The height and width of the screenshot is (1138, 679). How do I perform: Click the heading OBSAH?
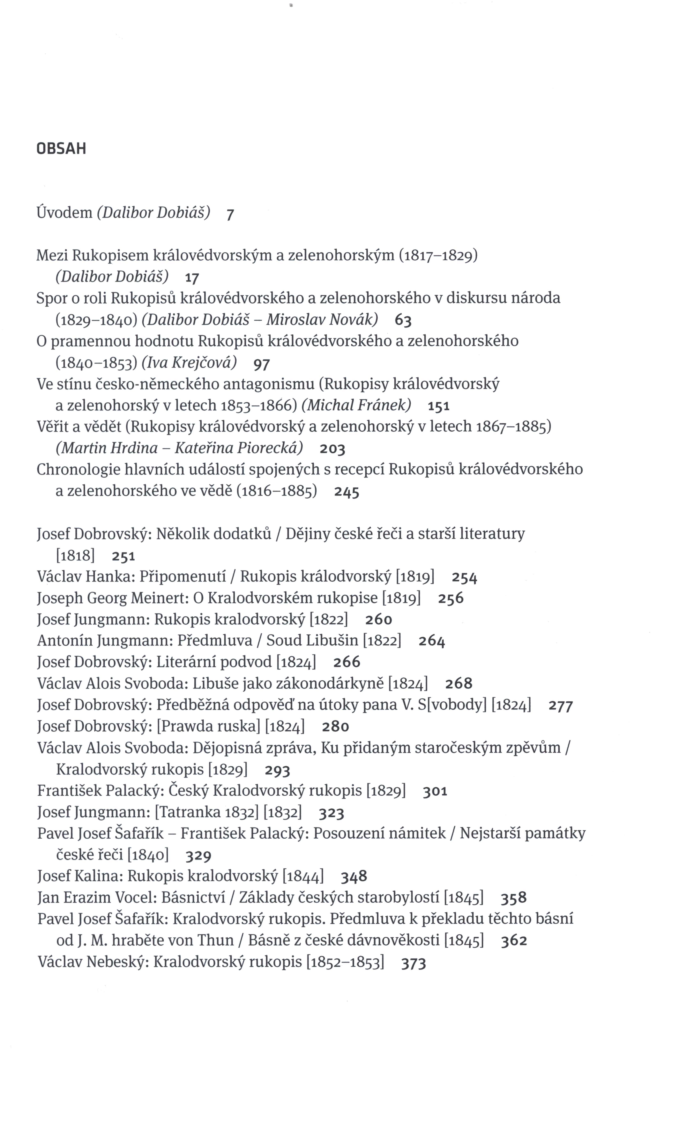click(61, 149)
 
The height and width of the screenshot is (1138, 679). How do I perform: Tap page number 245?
click(346, 492)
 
